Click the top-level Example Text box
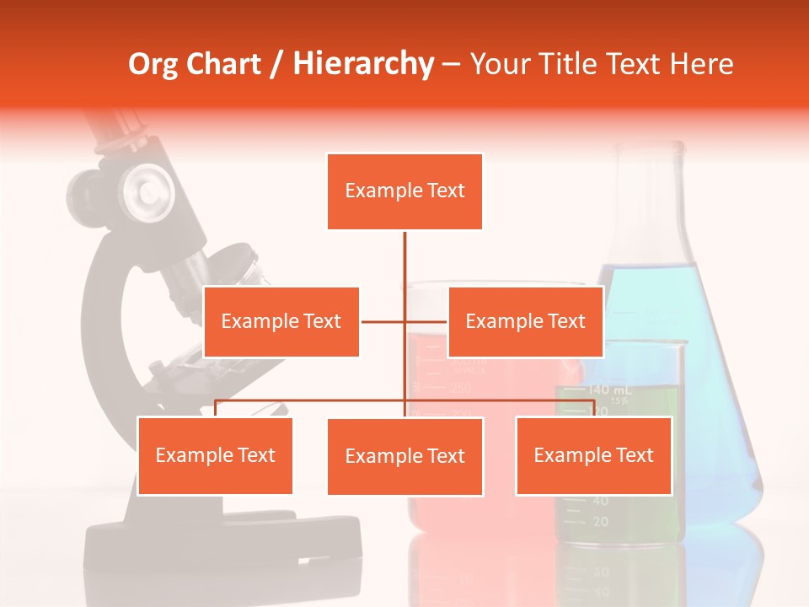tap(404, 191)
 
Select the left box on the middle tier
tap(281, 322)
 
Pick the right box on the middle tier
tap(525, 322)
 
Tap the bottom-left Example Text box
tap(215, 456)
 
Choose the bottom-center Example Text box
tap(404, 457)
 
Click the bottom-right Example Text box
tap(593, 456)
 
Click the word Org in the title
tap(153, 64)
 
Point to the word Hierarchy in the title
tap(362, 64)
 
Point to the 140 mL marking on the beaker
tap(610, 389)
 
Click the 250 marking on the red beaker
tap(459, 387)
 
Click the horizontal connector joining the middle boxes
tap(404, 321)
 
